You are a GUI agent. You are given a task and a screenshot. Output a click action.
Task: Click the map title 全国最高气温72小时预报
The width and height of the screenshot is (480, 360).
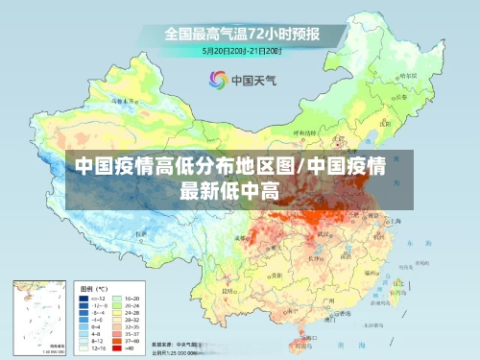[243, 34]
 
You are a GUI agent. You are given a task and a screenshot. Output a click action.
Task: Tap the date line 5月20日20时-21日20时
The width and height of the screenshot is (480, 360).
[242, 50]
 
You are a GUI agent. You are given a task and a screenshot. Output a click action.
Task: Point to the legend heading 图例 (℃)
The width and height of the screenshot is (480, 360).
[93, 287]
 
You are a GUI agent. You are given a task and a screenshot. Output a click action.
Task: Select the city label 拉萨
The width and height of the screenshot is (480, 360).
[144, 233]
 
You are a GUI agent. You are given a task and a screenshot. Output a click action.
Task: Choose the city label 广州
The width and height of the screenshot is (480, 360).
[327, 301]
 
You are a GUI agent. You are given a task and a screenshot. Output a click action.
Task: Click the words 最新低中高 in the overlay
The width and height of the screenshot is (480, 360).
[229, 189]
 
